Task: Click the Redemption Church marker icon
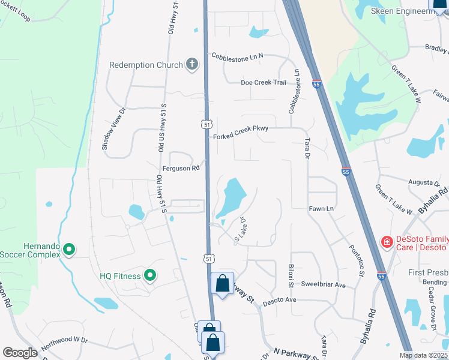[x=192, y=64]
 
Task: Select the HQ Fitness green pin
[x=149, y=276]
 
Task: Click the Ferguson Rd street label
[x=180, y=169]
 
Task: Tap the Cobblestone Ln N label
[x=237, y=56]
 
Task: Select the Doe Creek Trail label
[x=264, y=83]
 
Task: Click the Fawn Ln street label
[x=321, y=208]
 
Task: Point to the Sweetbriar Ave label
[x=324, y=284]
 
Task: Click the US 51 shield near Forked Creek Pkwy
[x=206, y=124]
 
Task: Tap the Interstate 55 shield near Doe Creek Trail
[x=317, y=85]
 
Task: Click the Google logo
[x=20, y=353]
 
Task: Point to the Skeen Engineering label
[x=402, y=11]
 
